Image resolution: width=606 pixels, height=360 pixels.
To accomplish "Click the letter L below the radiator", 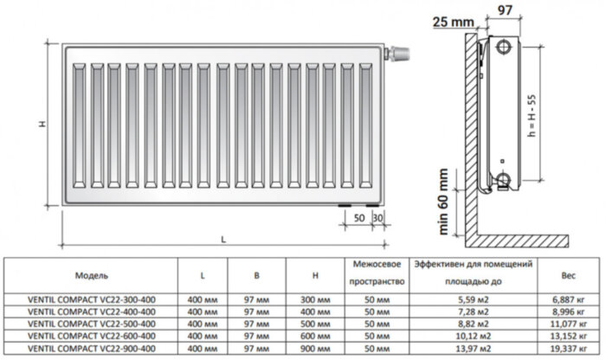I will click(223, 238).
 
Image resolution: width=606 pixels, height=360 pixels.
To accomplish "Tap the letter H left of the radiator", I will click(42, 124).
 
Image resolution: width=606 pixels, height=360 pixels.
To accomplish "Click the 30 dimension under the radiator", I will click(377, 216).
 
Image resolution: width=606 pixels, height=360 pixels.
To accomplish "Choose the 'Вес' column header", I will click(568, 274).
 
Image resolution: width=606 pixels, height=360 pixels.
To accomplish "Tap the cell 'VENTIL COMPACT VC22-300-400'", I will click(92, 299).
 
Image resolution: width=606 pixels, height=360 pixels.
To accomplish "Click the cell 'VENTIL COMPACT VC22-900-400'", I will click(92, 347).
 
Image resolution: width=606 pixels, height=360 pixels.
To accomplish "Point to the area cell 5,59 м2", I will click(474, 299).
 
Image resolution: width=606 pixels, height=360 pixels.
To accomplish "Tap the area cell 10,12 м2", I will click(474, 335).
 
